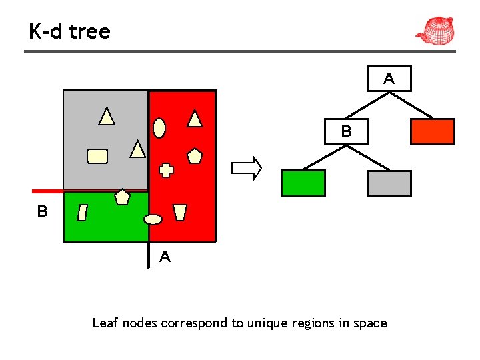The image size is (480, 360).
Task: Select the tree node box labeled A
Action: click(389, 78)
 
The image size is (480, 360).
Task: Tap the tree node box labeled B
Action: click(346, 131)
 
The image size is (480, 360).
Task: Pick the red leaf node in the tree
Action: click(432, 131)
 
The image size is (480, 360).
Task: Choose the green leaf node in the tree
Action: click(303, 183)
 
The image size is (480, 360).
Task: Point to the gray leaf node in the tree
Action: click(389, 183)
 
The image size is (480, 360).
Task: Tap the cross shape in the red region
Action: click(166, 170)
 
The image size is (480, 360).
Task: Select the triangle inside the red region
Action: click(195, 119)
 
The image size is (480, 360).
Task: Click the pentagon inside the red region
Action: click(195, 156)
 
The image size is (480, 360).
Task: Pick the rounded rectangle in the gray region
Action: click(97, 156)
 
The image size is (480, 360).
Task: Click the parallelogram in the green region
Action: click(82, 213)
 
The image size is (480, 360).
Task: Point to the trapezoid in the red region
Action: click(179, 213)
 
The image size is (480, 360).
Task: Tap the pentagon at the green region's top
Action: click(122, 197)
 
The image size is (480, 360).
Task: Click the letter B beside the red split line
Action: click(43, 212)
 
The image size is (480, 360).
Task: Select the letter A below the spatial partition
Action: click(165, 257)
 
